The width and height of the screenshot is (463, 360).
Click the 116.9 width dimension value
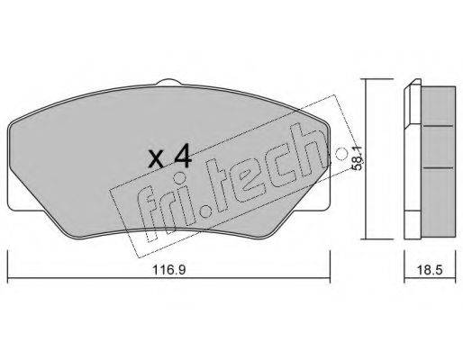point(169,270)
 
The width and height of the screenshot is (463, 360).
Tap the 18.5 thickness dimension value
point(430,270)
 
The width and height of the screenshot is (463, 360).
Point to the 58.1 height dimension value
point(358,159)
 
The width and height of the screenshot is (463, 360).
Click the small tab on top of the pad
point(169,82)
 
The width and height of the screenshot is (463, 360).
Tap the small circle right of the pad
point(340,154)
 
